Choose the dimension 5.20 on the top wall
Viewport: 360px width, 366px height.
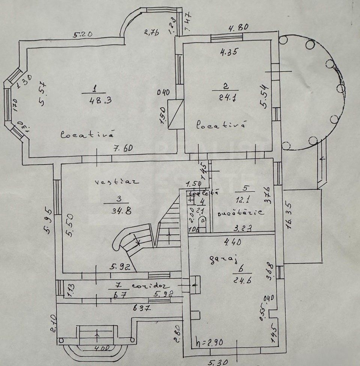tap(83, 35)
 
